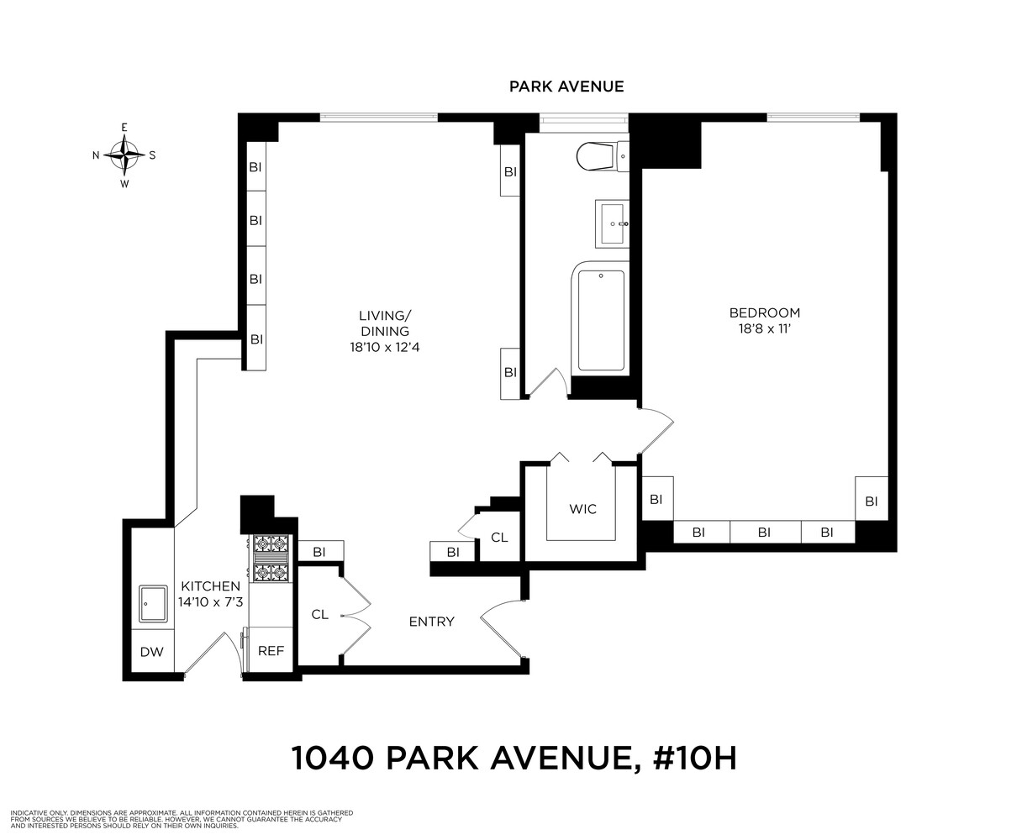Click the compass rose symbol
pyautogui.click(x=124, y=155)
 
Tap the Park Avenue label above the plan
pyautogui.click(x=566, y=87)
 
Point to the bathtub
pyautogui.click(x=601, y=319)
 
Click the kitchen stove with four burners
pyautogui.click(x=271, y=559)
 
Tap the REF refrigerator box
pyautogui.click(x=271, y=650)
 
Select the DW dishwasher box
pyautogui.click(x=151, y=651)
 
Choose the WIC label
pyautogui.click(x=582, y=509)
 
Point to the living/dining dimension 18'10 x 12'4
pyautogui.click(x=385, y=346)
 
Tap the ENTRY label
pyautogui.click(x=431, y=622)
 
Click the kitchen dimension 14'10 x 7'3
pyautogui.click(x=209, y=601)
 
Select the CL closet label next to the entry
pyautogui.click(x=319, y=614)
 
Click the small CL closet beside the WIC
pyautogui.click(x=499, y=537)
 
